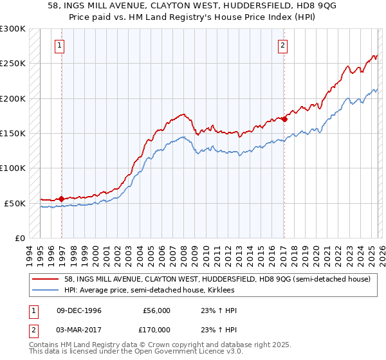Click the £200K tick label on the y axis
click(13, 98)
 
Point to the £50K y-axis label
click(15, 203)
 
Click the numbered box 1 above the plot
click(59, 45)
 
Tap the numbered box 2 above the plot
click(282, 45)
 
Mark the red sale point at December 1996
click(62, 199)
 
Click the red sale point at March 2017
click(284, 119)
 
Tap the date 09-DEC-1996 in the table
click(75, 310)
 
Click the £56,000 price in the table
click(156, 310)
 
